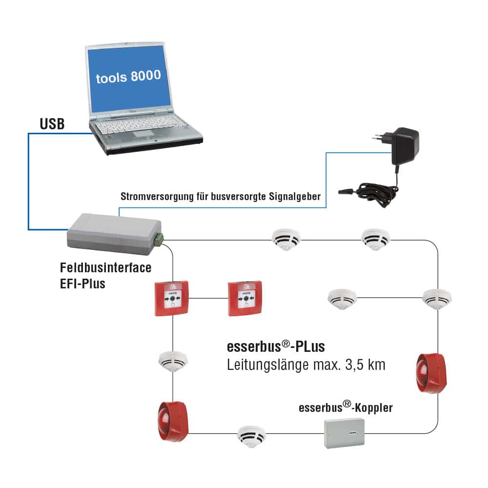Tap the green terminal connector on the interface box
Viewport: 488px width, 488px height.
coord(159,239)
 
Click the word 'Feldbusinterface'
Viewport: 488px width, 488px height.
coord(105,267)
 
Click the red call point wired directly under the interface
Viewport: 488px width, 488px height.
coord(172,298)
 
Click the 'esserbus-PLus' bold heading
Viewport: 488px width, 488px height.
coord(276,347)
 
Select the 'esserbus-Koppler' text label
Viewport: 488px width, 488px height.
coord(346,407)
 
